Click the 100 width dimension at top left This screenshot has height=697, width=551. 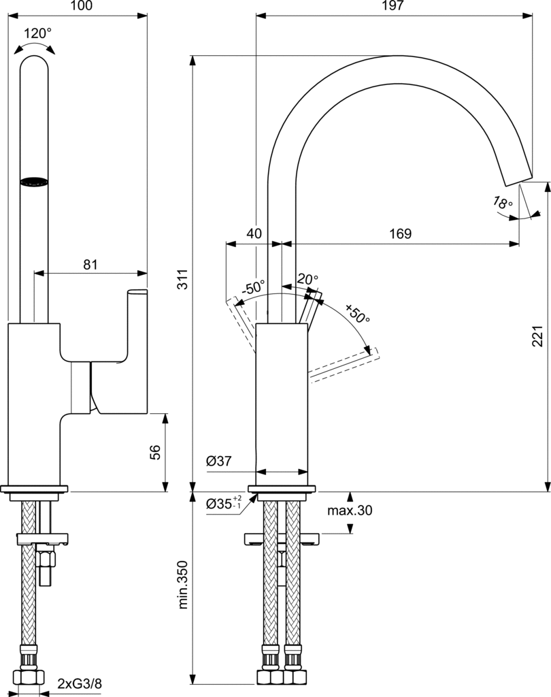[81, 6]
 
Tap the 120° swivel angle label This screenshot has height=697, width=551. [37, 33]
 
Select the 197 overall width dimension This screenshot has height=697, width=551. [394, 6]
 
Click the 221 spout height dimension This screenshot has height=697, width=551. [537, 336]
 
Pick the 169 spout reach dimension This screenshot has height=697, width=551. [400, 233]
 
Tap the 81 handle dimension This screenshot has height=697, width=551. [90, 265]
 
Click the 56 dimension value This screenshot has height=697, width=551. [155, 452]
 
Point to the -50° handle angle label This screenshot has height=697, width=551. [253, 287]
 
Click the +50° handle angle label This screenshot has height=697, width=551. [356, 314]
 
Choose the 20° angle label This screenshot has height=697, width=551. [307, 279]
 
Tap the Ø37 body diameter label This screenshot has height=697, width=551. [219, 461]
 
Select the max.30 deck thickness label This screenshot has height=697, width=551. [350, 510]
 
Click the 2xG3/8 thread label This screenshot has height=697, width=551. [79, 683]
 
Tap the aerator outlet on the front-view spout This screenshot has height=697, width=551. [35, 182]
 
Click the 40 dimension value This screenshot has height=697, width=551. [254, 233]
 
